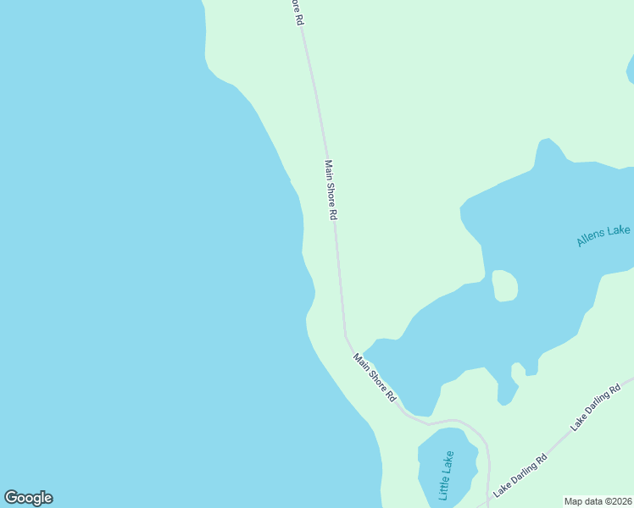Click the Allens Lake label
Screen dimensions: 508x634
pyautogui.click(x=603, y=236)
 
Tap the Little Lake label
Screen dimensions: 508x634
pyautogui.click(x=447, y=474)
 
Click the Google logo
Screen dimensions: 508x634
pyautogui.click(x=28, y=498)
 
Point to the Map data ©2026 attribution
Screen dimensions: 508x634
pyautogui.click(x=598, y=501)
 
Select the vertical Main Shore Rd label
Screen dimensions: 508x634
pyautogui.click(x=330, y=190)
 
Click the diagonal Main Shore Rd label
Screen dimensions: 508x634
pyautogui.click(x=375, y=377)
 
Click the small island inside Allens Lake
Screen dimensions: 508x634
pyautogui.click(x=504, y=285)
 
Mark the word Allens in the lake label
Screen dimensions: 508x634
pyautogui.click(x=592, y=239)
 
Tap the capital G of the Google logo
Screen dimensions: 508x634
pyautogui.click(x=12, y=498)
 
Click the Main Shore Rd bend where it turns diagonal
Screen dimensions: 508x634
pyautogui.click(x=346, y=334)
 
